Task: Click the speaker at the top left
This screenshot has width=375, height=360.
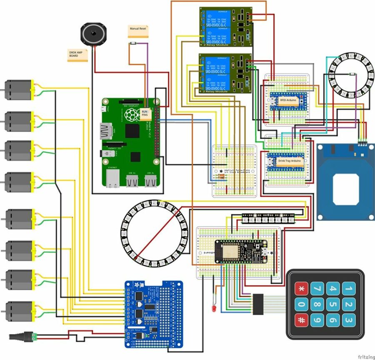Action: pos(93,34)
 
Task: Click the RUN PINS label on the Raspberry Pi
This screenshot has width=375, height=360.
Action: pos(145,114)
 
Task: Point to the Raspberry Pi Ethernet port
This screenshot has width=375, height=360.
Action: pos(112,179)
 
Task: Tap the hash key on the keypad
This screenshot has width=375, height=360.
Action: pos(302,320)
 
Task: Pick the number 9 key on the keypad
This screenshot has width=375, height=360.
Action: pos(317,320)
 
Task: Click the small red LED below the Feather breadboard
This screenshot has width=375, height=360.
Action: pos(213,308)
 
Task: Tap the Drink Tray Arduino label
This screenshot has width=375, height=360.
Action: pos(289,161)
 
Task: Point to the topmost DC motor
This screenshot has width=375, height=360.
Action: pos(19,90)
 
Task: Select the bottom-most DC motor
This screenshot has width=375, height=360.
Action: pos(19,311)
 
